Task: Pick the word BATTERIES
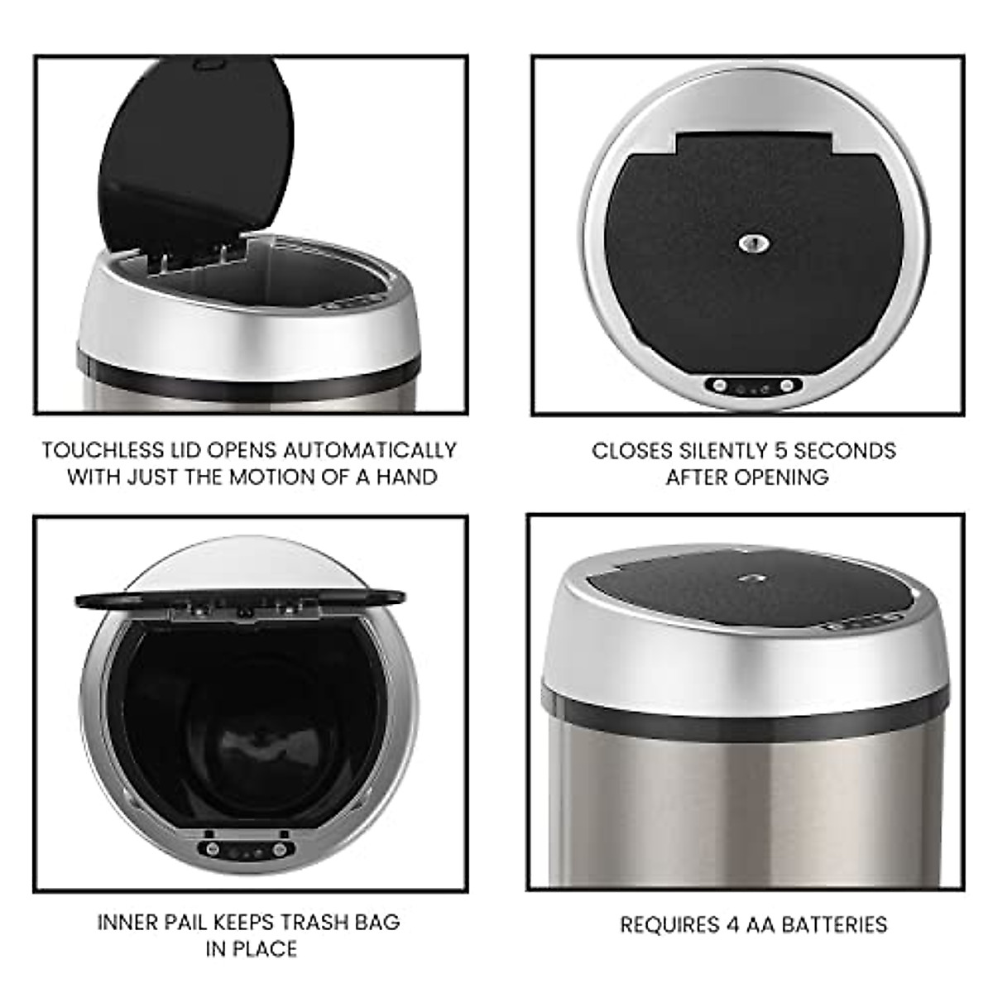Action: tap(831, 901)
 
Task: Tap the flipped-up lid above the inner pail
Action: tap(240, 597)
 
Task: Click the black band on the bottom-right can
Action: tap(745, 699)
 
